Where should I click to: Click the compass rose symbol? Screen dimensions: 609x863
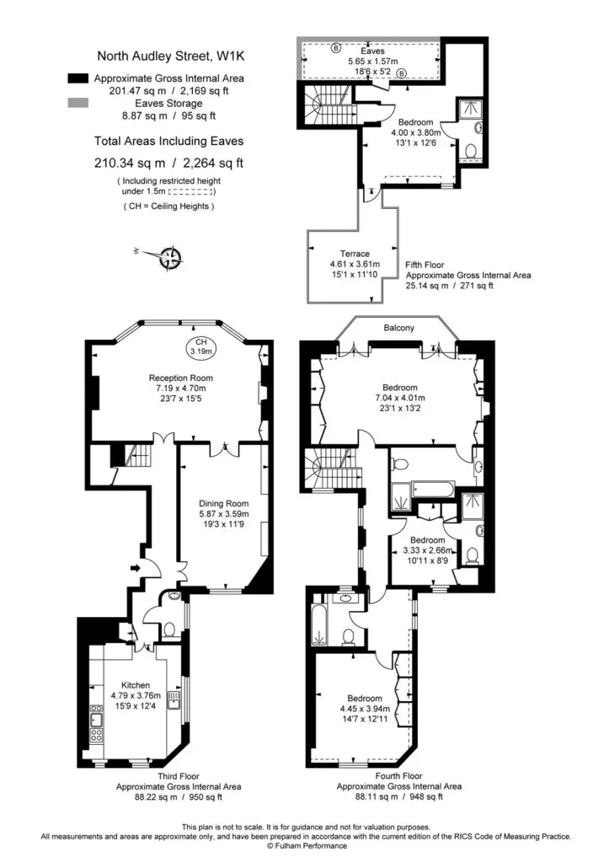(171, 258)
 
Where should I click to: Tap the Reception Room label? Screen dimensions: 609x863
(180, 378)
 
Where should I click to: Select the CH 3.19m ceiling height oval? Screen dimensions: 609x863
(201, 346)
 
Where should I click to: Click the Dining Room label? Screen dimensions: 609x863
(223, 503)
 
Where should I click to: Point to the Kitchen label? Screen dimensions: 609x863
(136, 685)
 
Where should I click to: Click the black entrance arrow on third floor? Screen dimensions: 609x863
(136, 568)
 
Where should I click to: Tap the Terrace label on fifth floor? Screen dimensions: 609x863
(355, 254)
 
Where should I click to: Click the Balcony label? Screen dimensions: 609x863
(399, 328)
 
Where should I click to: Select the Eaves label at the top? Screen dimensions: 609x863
(372, 51)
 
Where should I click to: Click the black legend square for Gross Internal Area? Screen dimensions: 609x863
(78, 78)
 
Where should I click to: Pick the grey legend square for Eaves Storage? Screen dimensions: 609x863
(78, 102)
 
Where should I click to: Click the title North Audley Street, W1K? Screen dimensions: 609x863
(170, 56)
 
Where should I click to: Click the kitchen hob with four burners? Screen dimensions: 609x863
(96, 735)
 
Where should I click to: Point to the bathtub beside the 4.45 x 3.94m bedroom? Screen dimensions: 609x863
(319, 624)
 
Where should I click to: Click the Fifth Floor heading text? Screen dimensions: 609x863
(425, 265)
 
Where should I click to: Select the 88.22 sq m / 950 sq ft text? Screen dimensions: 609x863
(179, 796)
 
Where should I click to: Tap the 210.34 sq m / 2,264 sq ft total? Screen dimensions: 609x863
(168, 163)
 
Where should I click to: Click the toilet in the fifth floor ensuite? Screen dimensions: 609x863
(471, 150)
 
